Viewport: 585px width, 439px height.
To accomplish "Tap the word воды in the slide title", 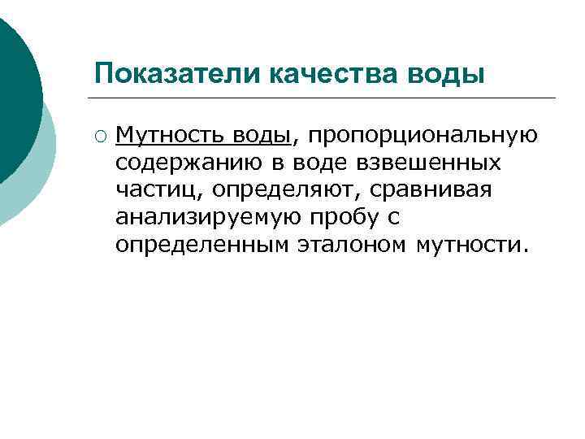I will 448,74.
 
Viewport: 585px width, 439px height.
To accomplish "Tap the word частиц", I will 155,189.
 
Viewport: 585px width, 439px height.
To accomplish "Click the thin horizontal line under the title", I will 325,98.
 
